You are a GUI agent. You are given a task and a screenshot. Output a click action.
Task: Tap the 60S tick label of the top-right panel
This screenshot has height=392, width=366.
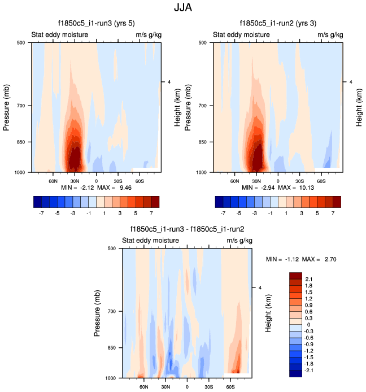320,182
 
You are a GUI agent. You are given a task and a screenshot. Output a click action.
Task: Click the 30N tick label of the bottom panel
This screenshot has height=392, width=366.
165,388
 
